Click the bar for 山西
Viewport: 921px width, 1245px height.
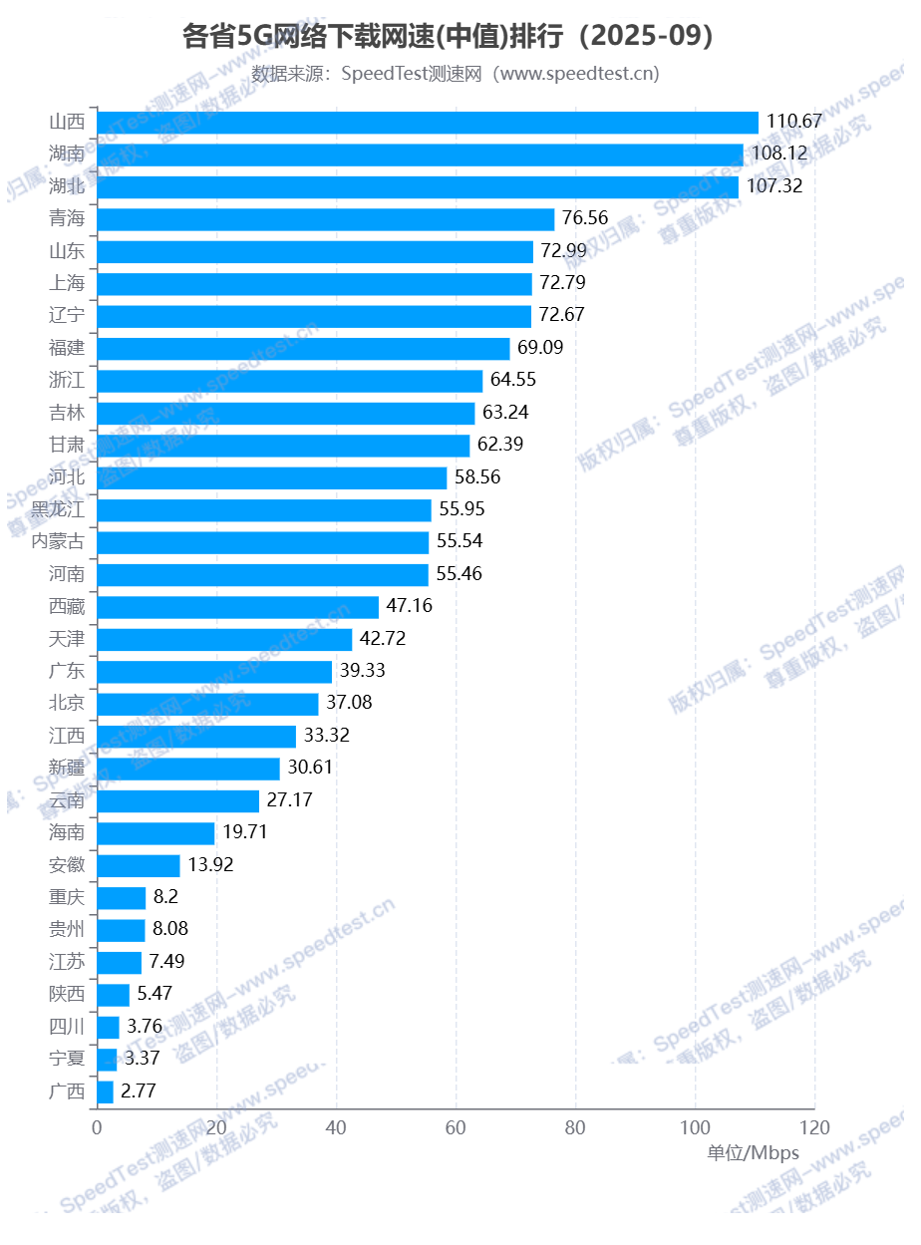428,122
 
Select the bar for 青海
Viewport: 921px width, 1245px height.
325,219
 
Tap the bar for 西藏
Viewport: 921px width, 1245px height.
237,607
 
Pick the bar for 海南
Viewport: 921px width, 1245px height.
155,833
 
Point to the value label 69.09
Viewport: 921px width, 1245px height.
543,348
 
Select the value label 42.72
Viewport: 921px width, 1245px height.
383,639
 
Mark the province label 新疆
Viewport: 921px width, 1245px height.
67,768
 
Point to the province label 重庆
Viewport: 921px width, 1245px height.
67,897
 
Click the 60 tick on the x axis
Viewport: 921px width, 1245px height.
456,1128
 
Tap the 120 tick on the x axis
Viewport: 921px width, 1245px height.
814,1128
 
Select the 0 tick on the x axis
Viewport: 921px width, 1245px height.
97,1128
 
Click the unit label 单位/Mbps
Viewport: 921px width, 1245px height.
753,1153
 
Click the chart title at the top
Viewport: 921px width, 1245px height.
454,37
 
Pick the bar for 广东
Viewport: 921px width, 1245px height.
214,672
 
